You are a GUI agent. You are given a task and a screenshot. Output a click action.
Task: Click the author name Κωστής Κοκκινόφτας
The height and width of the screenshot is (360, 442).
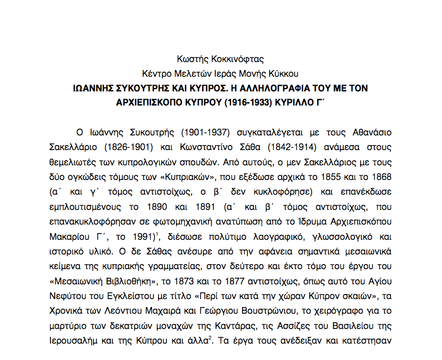point(220,59)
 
